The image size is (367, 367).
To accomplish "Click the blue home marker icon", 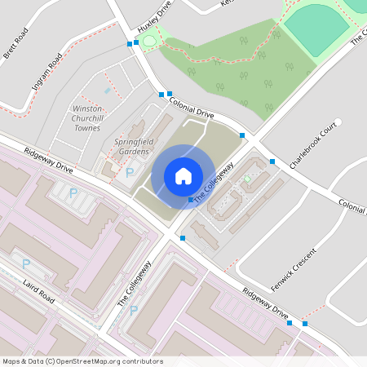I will pos(183,176).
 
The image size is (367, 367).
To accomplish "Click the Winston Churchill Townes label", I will pos(87,117).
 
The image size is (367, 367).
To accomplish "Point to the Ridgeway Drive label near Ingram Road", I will pos(48,161).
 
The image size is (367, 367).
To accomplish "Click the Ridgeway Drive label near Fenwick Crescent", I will pos(265,303).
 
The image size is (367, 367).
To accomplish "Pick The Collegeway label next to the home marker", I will pos(214,181).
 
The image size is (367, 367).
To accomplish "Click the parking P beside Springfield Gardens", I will pos(130,172).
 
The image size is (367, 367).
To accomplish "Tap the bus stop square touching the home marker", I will pos(191,200).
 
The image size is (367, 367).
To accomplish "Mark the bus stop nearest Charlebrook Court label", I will pos(272,161).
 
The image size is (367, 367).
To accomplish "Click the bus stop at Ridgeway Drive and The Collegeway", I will pos(183,238).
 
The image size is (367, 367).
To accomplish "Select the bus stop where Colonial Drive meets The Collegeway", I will pos(242,135).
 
